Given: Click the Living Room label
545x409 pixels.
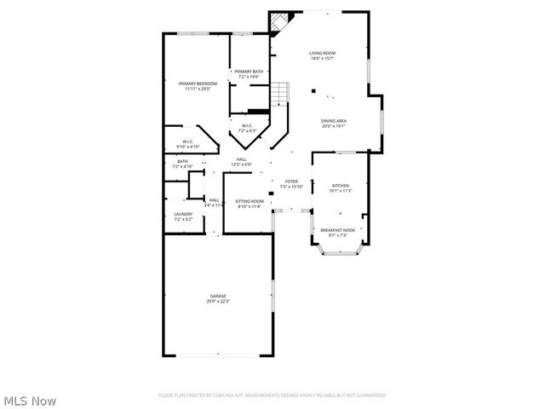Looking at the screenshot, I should click(322, 54).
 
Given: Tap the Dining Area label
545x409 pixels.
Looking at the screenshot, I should click(333, 121).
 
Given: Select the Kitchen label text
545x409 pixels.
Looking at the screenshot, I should click(340, 185).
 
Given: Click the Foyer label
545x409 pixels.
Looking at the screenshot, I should click(291, 181).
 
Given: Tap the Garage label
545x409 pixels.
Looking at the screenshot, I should click(218, 296).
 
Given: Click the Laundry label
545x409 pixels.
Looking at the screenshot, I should click(183, 215).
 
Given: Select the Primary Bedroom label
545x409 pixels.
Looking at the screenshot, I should click(198, 84).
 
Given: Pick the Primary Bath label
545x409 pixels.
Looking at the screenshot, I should click(249, 72).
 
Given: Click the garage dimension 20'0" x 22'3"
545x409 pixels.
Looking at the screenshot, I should click(218, 301).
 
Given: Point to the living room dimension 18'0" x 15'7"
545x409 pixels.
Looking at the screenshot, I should click(322, 59).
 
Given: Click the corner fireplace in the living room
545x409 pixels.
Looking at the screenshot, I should click(280, 21).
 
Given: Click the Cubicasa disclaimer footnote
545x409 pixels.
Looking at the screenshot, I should click(272, 395).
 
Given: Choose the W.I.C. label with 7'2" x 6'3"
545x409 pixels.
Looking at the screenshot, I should click(247, 127).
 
